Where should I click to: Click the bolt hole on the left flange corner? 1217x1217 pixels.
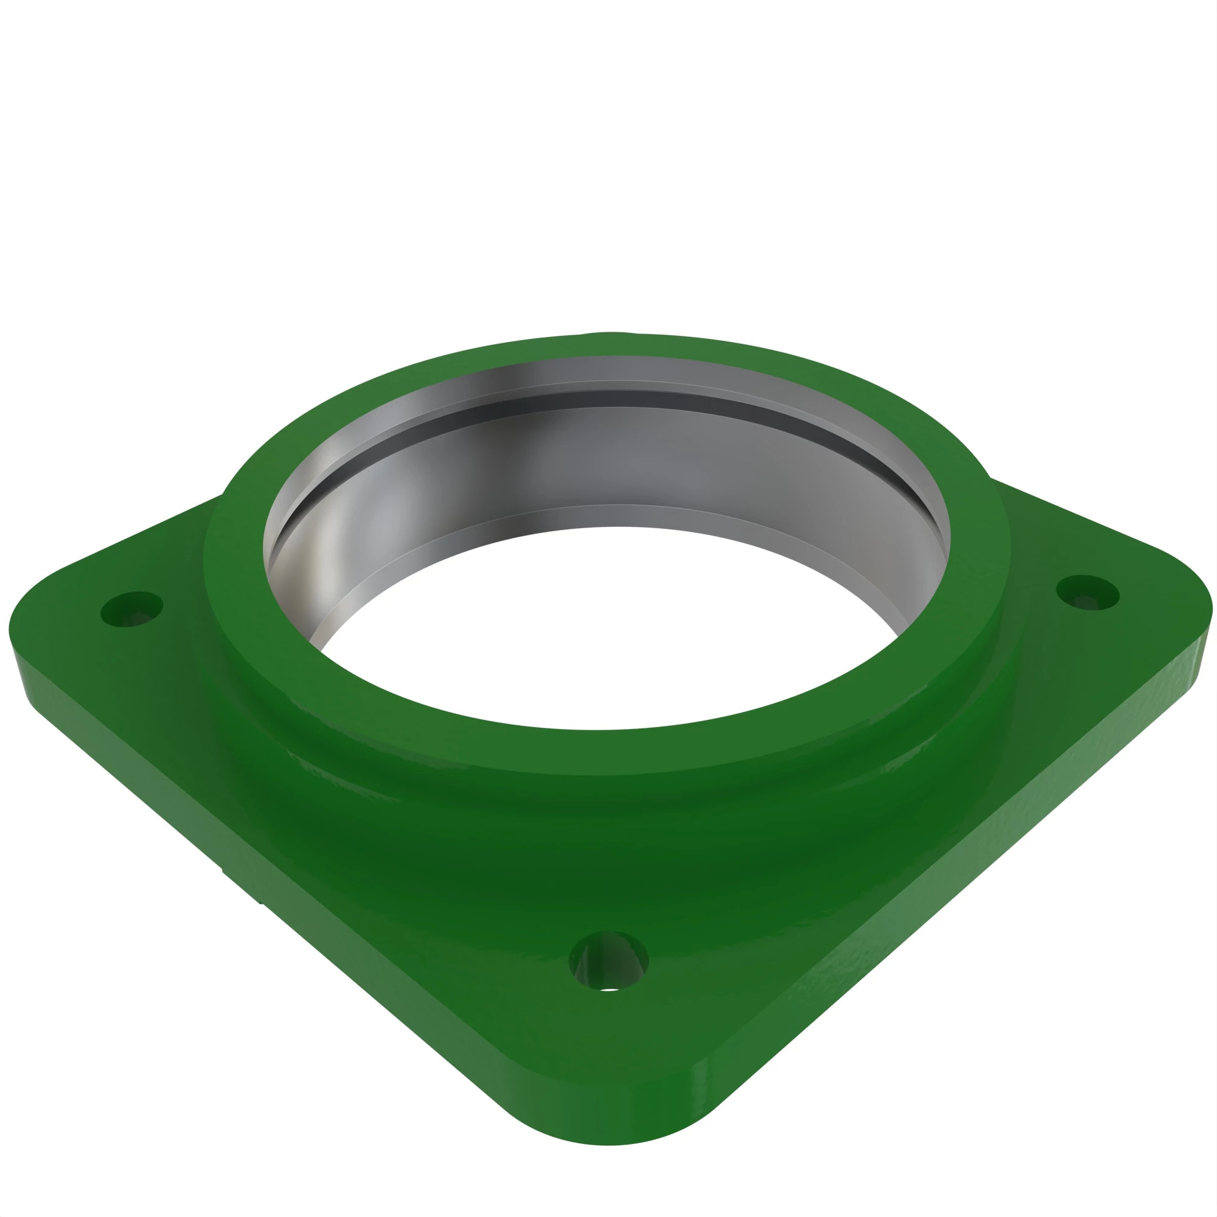tap(131, 608)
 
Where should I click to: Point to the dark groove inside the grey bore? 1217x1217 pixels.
tap(605, 398)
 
